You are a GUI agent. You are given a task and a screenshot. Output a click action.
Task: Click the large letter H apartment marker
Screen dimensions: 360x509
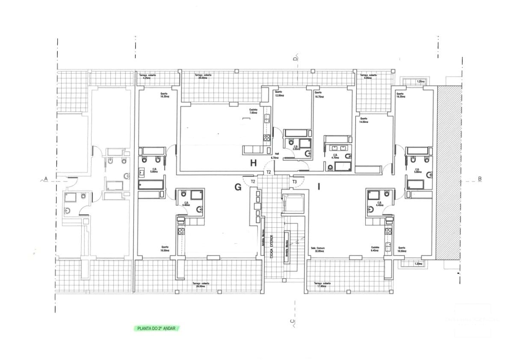point(253,163)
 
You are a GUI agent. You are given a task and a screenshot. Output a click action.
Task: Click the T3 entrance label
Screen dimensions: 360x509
point(295,182)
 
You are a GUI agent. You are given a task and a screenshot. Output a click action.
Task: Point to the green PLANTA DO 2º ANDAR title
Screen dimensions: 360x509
point(156,329)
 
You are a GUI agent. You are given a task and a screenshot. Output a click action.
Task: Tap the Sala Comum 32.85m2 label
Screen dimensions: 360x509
point(318,250)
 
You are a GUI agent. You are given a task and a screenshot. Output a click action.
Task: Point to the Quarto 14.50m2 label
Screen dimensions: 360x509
point(364,120)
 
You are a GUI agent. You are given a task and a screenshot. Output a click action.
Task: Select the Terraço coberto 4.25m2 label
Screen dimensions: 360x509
point(148,77)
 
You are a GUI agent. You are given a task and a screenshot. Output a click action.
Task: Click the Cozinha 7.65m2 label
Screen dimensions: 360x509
point(254,111)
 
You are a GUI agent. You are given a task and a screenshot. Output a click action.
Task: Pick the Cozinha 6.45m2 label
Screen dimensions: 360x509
point(375,250)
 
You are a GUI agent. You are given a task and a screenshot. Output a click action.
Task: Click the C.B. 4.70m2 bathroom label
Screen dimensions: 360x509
point(335,156)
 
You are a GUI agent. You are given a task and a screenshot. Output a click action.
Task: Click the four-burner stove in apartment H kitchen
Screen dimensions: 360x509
point(267,138)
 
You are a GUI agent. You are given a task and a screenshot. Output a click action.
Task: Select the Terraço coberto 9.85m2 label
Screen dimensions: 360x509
point(368,77)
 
